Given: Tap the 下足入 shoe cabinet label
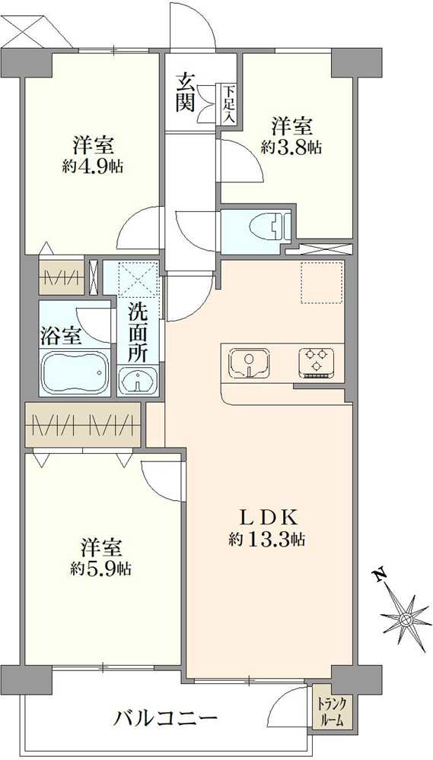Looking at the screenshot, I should (228, 105).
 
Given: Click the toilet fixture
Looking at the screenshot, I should (270, 226).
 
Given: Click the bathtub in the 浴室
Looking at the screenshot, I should (76, 374).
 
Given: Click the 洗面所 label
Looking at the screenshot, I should (138, 331).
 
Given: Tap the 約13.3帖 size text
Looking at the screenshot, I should (267, 540).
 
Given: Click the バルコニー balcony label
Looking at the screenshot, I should (167, 717).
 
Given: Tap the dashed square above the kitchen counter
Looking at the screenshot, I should (323, 282).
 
